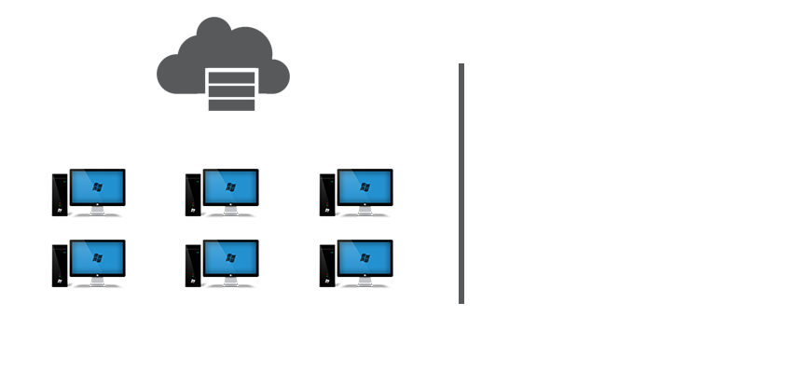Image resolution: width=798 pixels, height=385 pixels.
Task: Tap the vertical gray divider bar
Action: [461, 184]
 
